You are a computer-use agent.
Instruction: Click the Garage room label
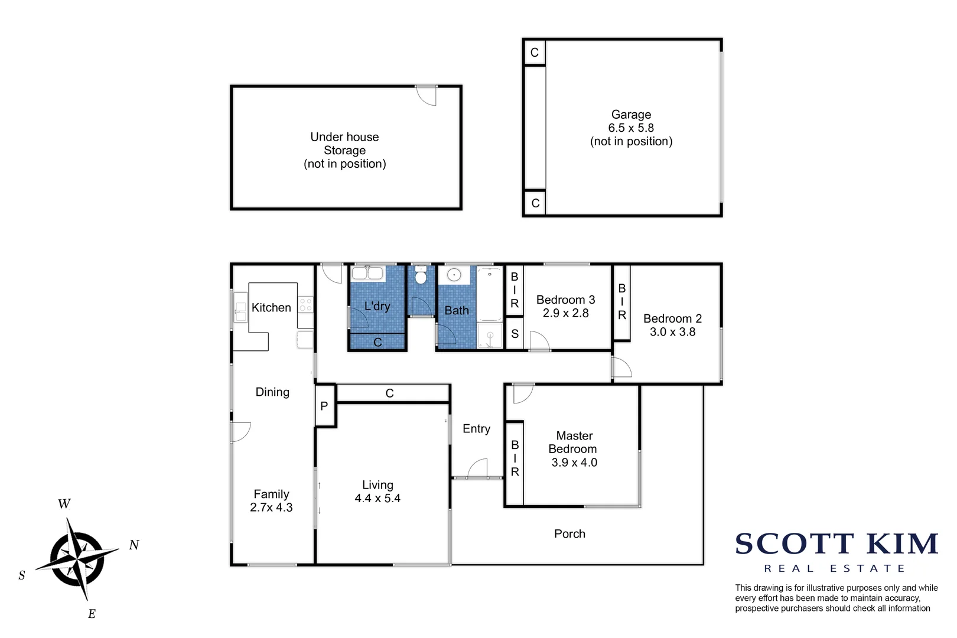(631, 115)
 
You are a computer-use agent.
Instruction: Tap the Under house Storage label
(344, 144)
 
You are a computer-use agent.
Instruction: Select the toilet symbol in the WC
(421, 276)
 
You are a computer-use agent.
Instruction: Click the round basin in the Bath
(454, 275)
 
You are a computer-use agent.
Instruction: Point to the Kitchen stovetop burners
(305, 305)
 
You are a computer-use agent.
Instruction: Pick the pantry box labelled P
(324, 406)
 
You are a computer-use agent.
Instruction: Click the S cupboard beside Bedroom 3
(515, 334)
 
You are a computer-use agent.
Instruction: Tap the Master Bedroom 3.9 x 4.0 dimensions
(574, 463)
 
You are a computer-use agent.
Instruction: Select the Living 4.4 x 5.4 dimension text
(377, 499)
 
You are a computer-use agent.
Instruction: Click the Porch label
(569, 534)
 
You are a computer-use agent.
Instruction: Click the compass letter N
(134, 545)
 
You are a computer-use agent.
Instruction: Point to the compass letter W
(64, 504)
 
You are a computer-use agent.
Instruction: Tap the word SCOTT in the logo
(795, 544)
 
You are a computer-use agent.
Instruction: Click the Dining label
(272, 392)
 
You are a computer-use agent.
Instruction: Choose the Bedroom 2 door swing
(621, 368)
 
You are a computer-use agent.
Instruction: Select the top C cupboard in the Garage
(535, 53)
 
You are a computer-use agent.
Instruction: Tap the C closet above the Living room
(390, 393)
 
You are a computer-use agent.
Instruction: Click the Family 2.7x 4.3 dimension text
(271, 507)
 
